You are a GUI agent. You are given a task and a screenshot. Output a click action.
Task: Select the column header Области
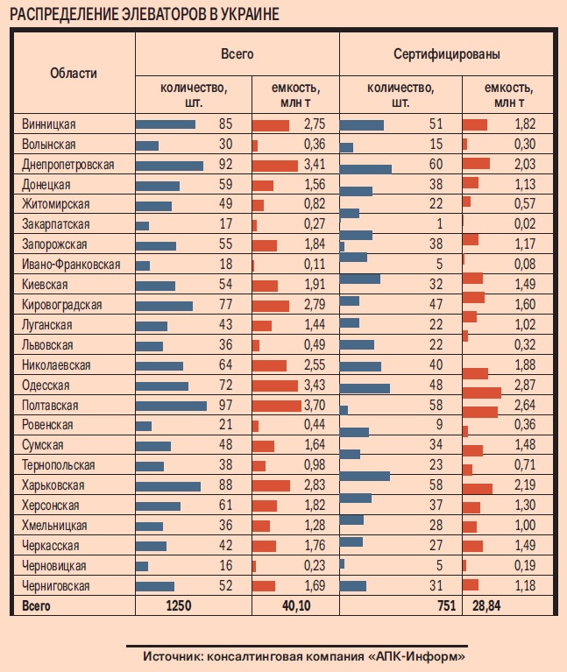coord(74,74)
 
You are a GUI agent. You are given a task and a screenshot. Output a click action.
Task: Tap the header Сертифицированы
coord(447,54)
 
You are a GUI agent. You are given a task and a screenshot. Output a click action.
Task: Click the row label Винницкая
coord(49,124)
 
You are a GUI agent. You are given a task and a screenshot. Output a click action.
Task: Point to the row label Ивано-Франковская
coord(72,265)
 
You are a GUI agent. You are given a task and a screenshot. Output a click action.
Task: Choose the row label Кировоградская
coord(61,305)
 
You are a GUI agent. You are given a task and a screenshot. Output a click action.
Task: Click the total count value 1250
coord(178,605)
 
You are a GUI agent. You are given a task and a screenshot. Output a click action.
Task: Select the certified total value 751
coord(444,605)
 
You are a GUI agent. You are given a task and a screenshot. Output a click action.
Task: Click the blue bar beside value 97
coord(171,406)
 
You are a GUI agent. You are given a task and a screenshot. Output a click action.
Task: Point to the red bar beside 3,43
coord(274,386)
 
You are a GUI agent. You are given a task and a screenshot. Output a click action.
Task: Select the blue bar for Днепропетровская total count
coord(169,165)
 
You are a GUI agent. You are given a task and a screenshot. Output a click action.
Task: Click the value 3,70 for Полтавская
coord(314,406)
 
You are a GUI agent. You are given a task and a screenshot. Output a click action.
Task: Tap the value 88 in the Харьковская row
coord(225,485)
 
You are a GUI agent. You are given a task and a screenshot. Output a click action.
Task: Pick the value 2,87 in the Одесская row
coord(523,386)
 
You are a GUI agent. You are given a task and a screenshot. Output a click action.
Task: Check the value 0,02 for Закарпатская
coord(523,224)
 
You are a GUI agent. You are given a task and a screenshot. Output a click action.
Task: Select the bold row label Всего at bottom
coord(36,605)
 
